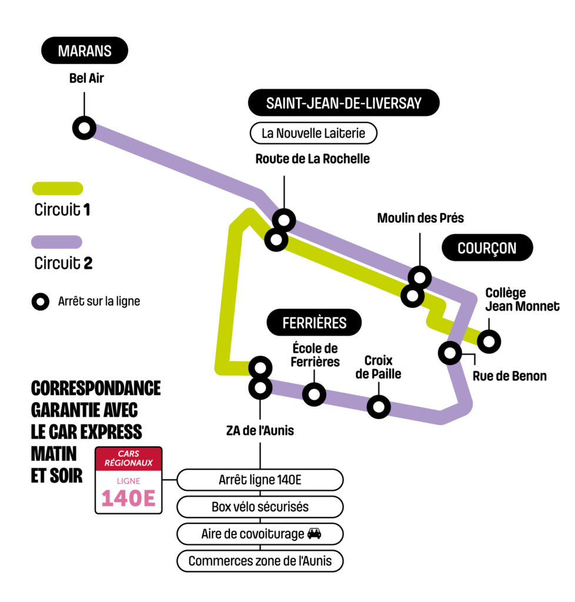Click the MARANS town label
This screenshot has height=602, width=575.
tap(85, 51)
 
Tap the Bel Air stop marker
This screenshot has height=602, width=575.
tap(84, 128)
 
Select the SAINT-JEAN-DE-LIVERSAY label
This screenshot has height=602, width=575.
tap(343, 103)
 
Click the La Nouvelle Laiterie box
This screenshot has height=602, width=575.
tap(313, 133)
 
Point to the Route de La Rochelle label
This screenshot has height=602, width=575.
tap(313, 159)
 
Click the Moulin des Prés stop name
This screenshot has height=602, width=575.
tap(420, 219)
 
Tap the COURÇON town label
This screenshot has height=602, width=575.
tap(487, 248)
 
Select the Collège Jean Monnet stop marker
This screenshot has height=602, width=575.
tap(489, 340)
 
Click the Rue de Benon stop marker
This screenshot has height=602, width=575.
tap(450, 353)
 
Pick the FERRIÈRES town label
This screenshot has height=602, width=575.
tap(314, 323)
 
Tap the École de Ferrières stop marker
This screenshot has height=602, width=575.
tap(315, 394)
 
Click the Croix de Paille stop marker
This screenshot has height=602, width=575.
tap(379, 406)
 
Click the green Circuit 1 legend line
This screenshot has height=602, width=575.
tap(56, 189)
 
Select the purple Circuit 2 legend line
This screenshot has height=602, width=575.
tap(56, 242)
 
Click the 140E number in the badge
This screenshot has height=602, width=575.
tap(128, 498)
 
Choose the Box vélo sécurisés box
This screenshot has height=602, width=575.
tap(260, 506)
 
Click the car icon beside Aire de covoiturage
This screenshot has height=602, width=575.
tap(315, 534)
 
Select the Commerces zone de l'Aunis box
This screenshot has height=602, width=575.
tap(260, 561)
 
